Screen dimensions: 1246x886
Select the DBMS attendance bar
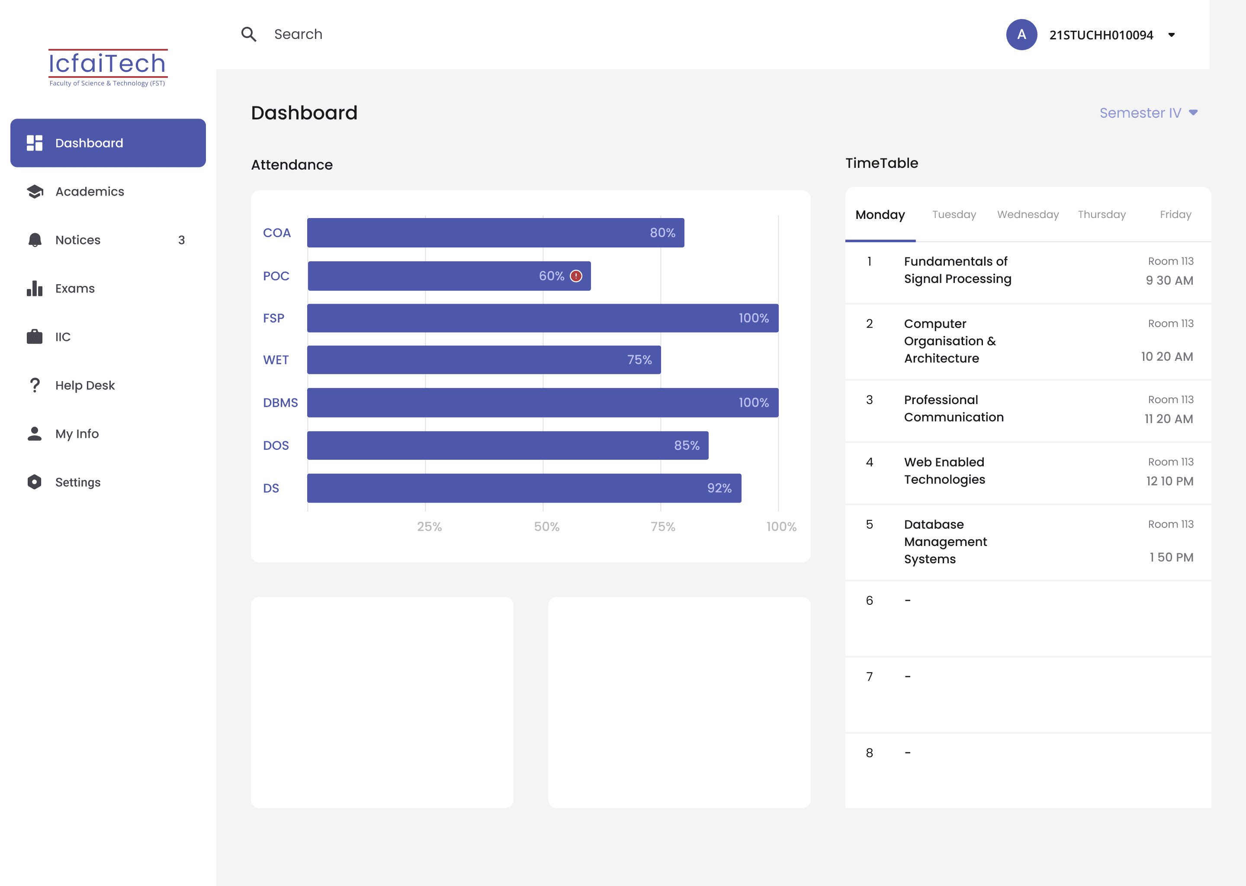tap(543, 403)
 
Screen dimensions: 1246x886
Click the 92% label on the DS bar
tap(719, 488)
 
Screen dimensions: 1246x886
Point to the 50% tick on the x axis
tap(546, 526)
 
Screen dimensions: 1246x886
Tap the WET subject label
tap(276, 360)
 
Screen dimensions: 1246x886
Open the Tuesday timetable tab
tap(954, 215)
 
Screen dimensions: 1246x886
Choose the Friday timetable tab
tap(1175, 215)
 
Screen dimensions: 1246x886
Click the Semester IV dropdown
tap(1148, 113)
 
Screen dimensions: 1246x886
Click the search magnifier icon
tap(249, 34)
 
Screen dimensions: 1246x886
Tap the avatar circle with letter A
tap(1021, 34)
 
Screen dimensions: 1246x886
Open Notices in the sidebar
tap(78, 240)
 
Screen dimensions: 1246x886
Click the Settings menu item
tap(78, 482)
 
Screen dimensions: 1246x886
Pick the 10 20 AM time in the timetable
tap(1167, 357)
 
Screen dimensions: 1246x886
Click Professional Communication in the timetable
tap(954, 409)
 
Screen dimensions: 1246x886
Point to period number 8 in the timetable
tap(870, 753)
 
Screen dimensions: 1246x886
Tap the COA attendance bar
tap(495, 233)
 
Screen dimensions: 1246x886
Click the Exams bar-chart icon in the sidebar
tap(34, 289)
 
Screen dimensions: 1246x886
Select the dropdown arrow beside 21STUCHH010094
tap(1171, 35)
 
